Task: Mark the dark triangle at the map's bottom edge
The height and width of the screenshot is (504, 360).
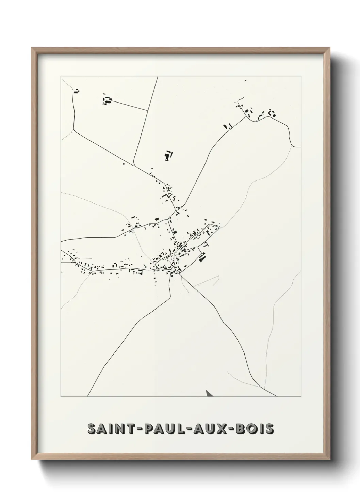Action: [x=209, y=394]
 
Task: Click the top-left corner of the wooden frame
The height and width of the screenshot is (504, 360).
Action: [x=32, y=48]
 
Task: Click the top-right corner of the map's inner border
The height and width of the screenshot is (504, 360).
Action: [x=301, y=76]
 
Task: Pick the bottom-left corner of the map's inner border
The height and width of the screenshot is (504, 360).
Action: [x=61, y=397]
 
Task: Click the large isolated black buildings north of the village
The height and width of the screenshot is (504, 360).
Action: [x=167, y=155]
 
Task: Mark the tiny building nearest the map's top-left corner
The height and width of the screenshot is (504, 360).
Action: [x=76, y=91]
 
